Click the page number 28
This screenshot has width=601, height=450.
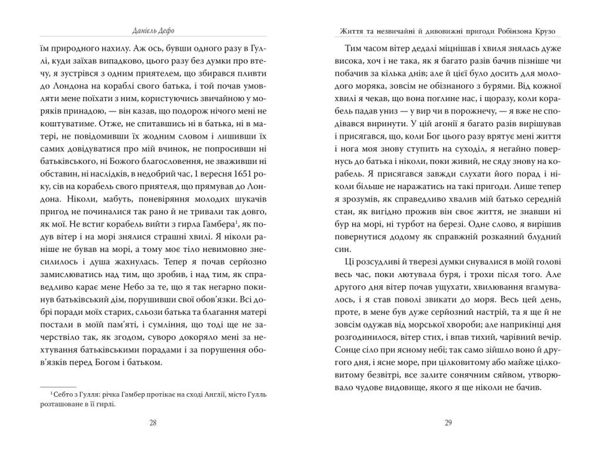pos(153,423)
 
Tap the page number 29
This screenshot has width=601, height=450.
pos(448,423)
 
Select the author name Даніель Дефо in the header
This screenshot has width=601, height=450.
pos(153,31)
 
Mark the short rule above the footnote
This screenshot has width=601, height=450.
pos(58,387)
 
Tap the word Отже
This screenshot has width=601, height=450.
pos(110,124)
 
